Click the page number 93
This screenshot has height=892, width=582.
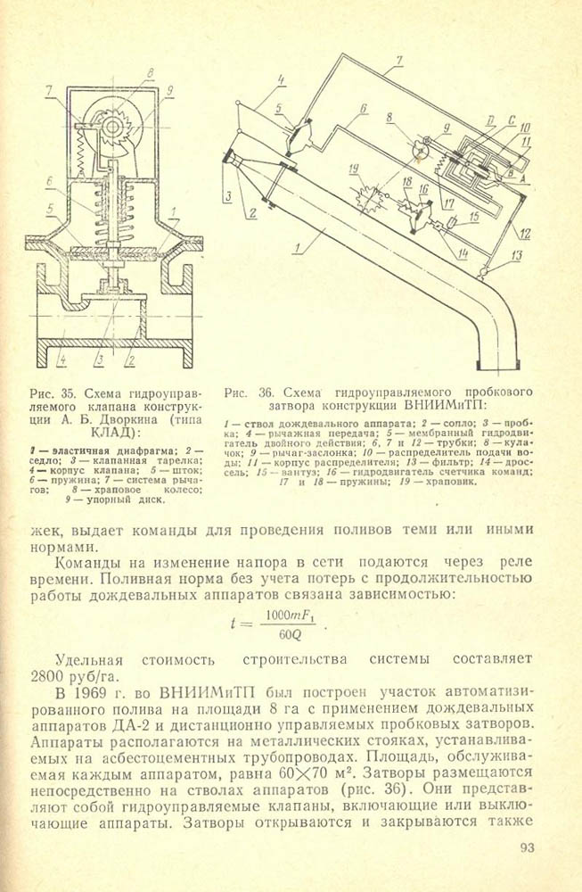point(527,847)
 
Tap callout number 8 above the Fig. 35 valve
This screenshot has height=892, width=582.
point(150,73)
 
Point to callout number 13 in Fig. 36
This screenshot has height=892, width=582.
point(516,255)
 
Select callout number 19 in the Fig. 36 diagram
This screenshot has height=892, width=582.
point(354,168)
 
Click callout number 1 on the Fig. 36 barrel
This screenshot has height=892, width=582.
point(297,248)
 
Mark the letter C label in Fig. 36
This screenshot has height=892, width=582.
point(511,120)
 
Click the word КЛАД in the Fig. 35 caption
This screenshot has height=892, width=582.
point(111,433)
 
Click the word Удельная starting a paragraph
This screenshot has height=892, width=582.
point(90,660)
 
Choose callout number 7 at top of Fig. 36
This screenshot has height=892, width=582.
point(399,61)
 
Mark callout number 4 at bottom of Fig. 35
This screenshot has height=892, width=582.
point(61,360)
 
